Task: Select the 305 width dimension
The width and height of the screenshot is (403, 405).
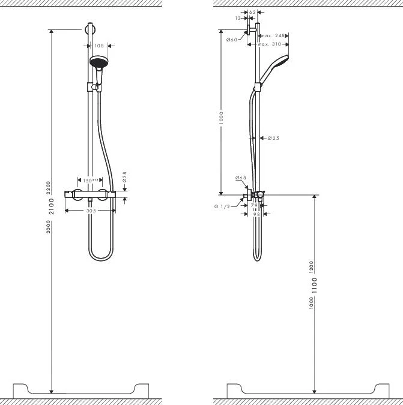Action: (91, 211)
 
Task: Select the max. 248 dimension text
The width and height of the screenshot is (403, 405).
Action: (271, 36)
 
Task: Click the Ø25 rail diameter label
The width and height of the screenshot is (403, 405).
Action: (273, 138)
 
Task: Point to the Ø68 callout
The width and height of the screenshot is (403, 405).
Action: (241, 178)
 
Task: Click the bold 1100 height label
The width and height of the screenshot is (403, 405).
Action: (315, 285)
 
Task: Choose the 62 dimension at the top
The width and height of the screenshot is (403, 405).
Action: (252, 12)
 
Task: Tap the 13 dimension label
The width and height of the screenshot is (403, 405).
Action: (239, 18)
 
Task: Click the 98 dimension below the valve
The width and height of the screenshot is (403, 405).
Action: (256, 213)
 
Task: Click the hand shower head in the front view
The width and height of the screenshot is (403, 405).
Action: (98, 62)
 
